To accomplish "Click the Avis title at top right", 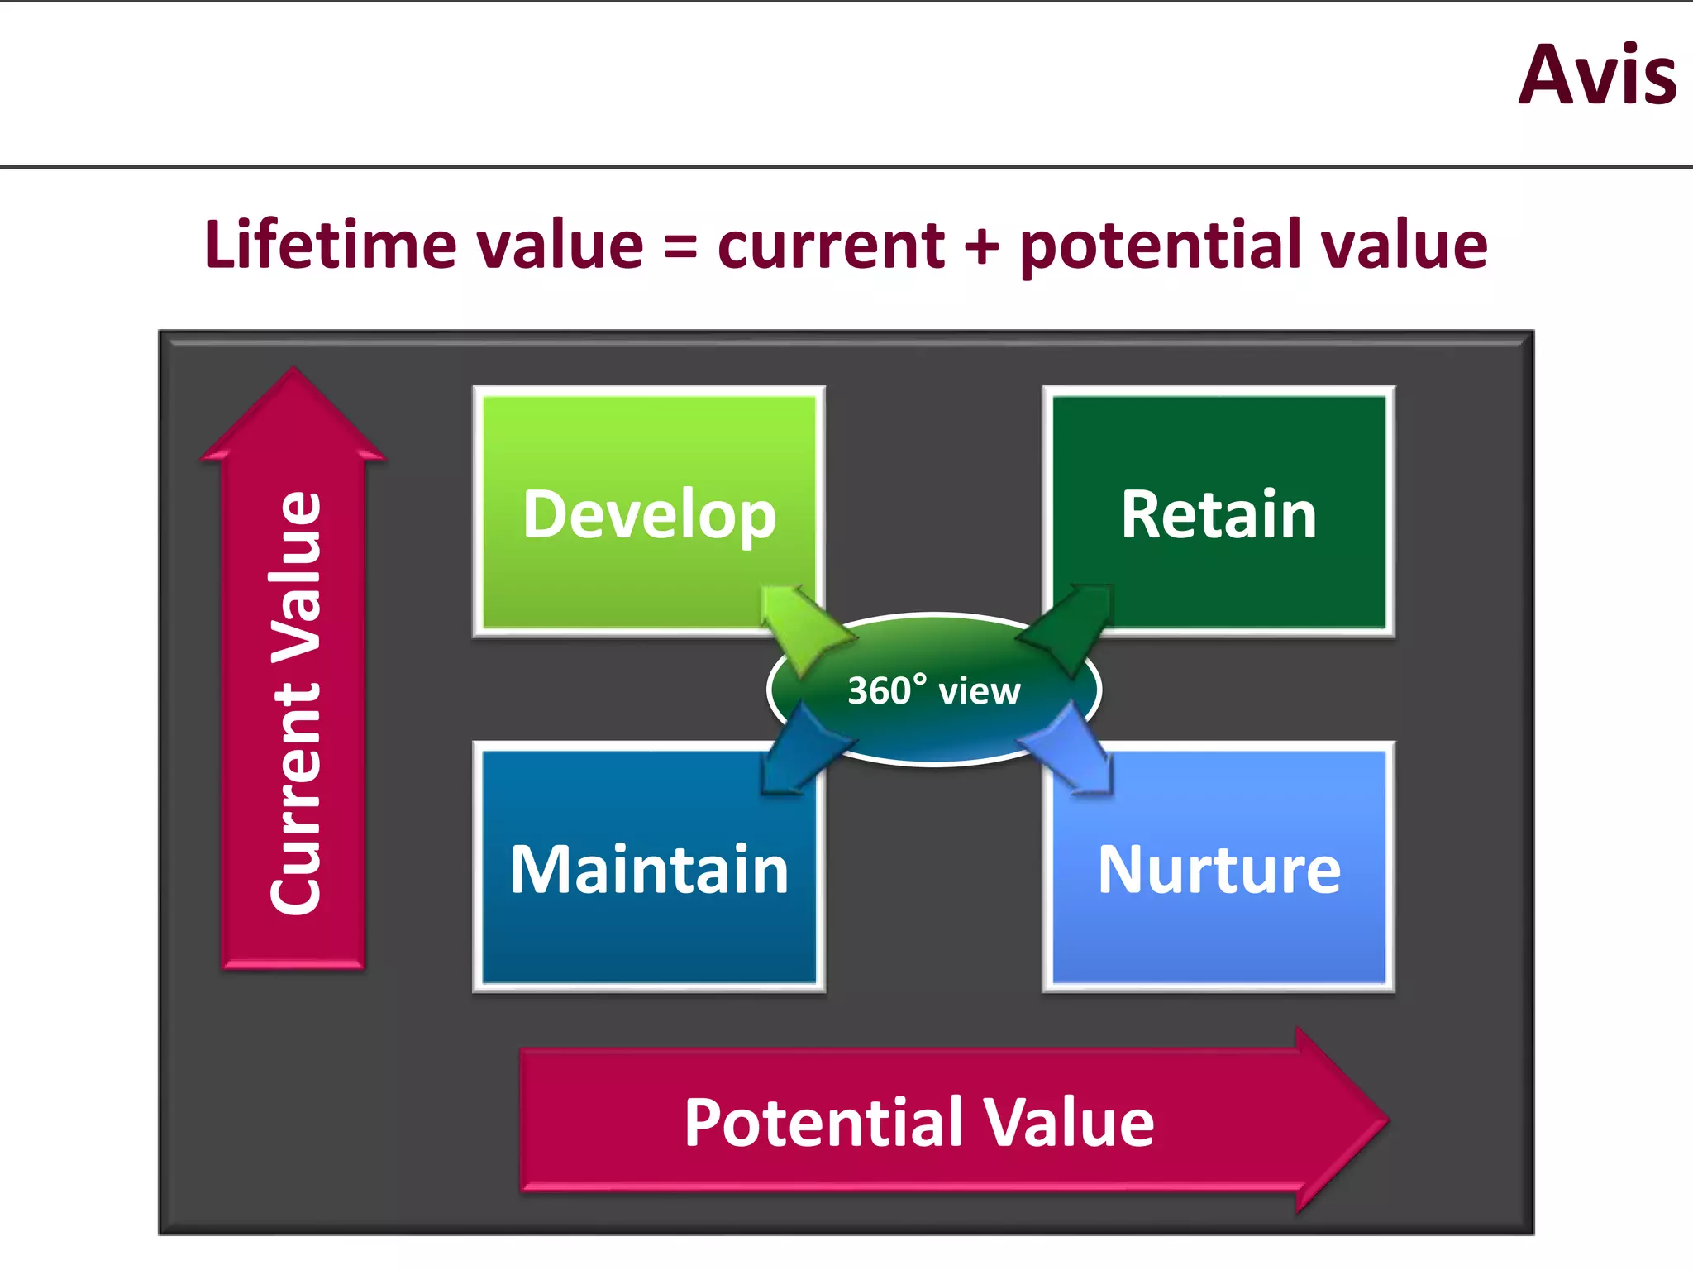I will [x=1597, y=76].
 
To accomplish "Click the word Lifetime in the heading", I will [x=330, y=246].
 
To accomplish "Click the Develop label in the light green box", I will [x=649, y=515].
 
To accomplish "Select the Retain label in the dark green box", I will [x=1218, y=515].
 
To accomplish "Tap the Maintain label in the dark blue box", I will [x=649, y=870].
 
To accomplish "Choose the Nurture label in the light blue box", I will [x=1218, y=870].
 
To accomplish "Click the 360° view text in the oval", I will [x=934, y=690].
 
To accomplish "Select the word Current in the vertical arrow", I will [x=295, y=798].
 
